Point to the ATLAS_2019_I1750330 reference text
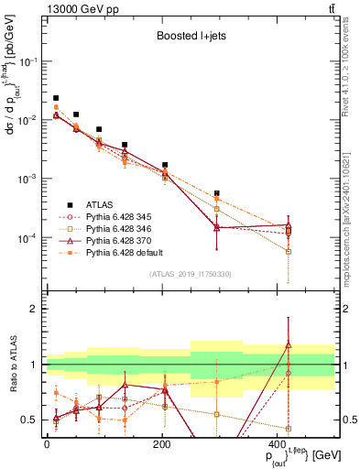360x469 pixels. coord(189,274)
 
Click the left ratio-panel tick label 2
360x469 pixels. coord(34,310)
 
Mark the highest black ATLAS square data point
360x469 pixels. coord(56,98)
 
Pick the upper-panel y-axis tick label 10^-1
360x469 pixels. coord(27,60)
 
